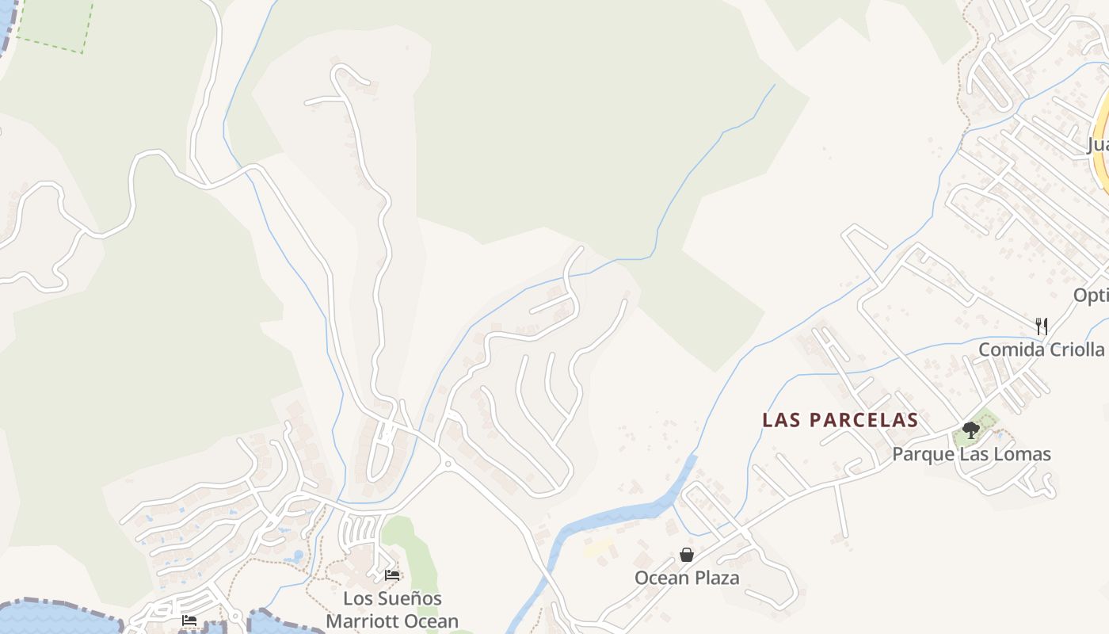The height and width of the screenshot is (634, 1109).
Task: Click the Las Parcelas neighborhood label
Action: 840,420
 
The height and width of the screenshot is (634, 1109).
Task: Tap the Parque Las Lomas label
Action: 971,454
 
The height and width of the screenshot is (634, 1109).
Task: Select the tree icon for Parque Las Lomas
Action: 971,430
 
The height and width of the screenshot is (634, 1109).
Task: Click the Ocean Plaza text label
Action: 687,578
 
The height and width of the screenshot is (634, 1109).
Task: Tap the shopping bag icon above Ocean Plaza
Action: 687,555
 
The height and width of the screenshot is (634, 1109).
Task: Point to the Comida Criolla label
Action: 1041,349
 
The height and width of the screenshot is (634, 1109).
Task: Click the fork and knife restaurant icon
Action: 1042,326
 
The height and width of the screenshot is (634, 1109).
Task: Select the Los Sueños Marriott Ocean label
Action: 392,609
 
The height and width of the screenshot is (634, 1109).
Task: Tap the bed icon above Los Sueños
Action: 392,575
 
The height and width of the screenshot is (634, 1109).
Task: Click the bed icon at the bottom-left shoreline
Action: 189,620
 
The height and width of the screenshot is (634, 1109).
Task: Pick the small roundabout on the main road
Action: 448,464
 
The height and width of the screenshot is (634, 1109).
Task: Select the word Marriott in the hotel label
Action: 359,621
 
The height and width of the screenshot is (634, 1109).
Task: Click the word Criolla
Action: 1074,349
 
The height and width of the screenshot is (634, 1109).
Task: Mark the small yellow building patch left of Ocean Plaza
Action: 598,547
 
